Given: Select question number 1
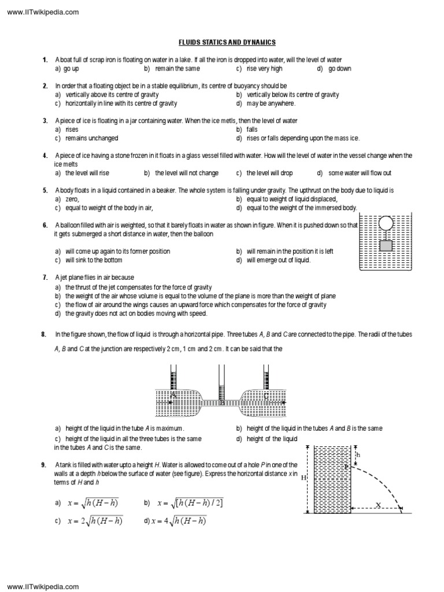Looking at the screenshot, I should tap(45, 60).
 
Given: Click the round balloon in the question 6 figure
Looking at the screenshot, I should tap(386, 223).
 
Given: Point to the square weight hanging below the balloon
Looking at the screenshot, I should tap(386, 246).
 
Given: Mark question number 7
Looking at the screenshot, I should tap(45, 278).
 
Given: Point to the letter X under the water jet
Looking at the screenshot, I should tap(378, 505).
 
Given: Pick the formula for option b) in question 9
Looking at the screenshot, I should tap(191, 503).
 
